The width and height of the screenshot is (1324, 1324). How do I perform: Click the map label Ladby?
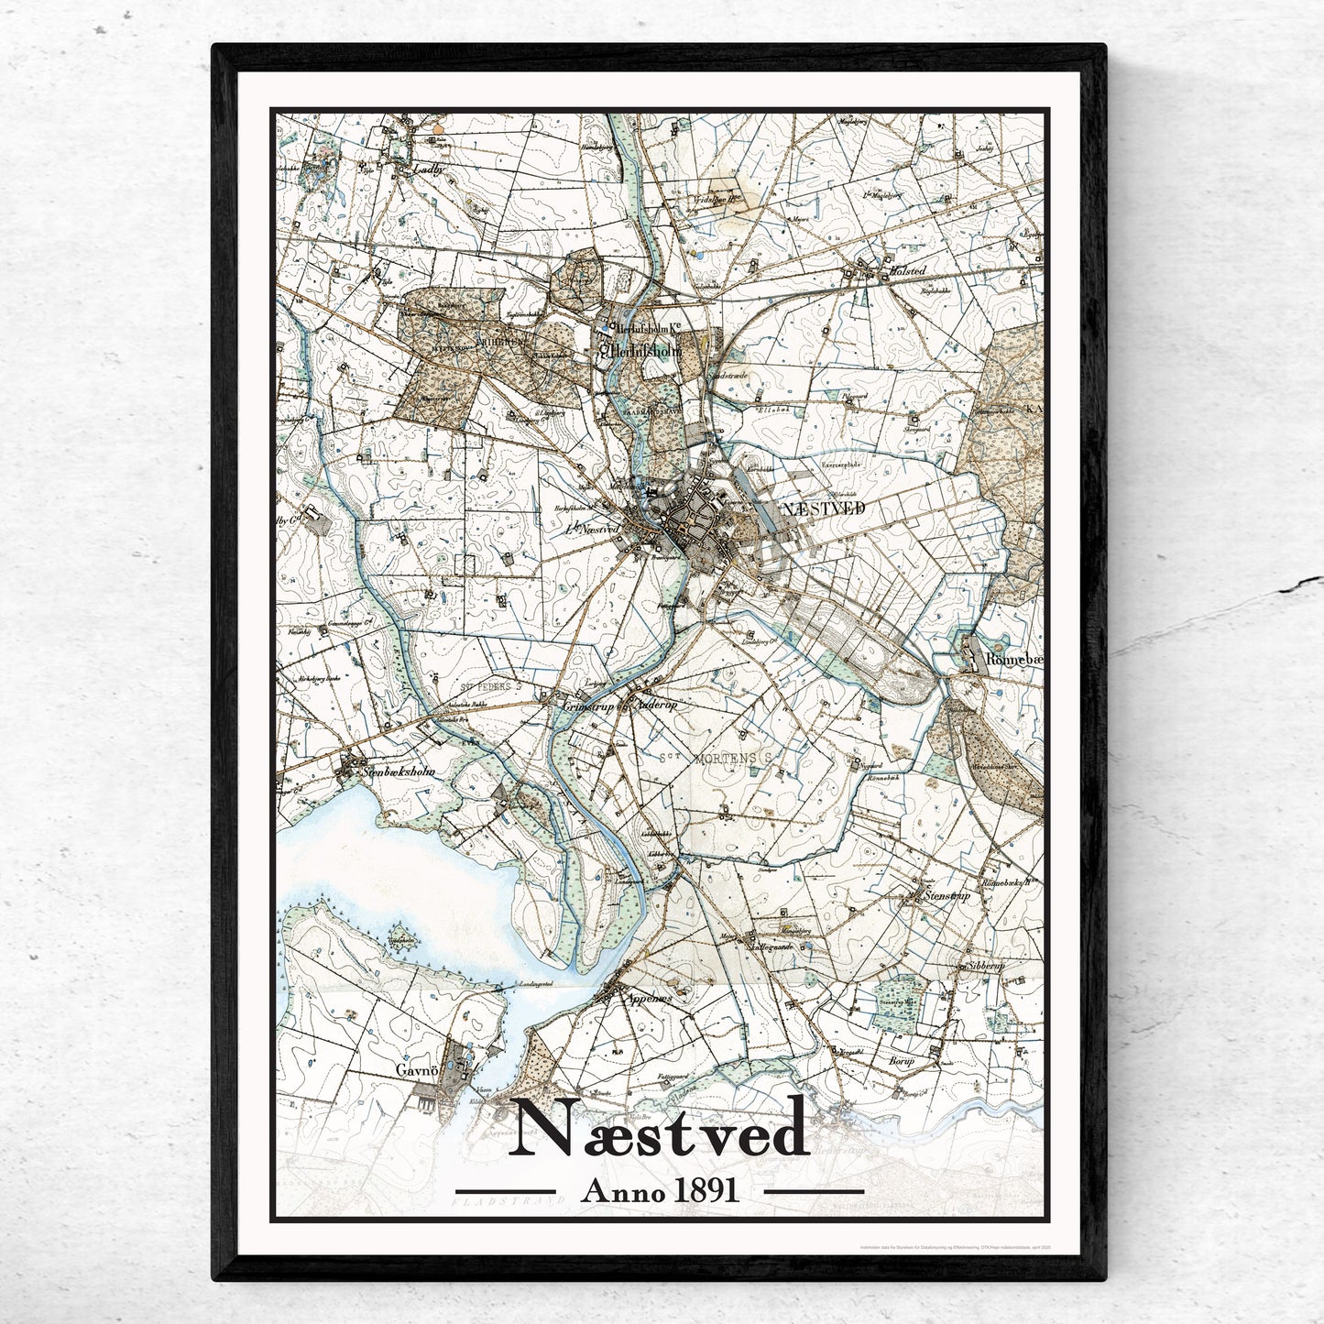(x=428, y=170)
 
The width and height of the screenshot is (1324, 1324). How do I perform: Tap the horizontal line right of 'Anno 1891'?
(x=814, y=1191)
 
